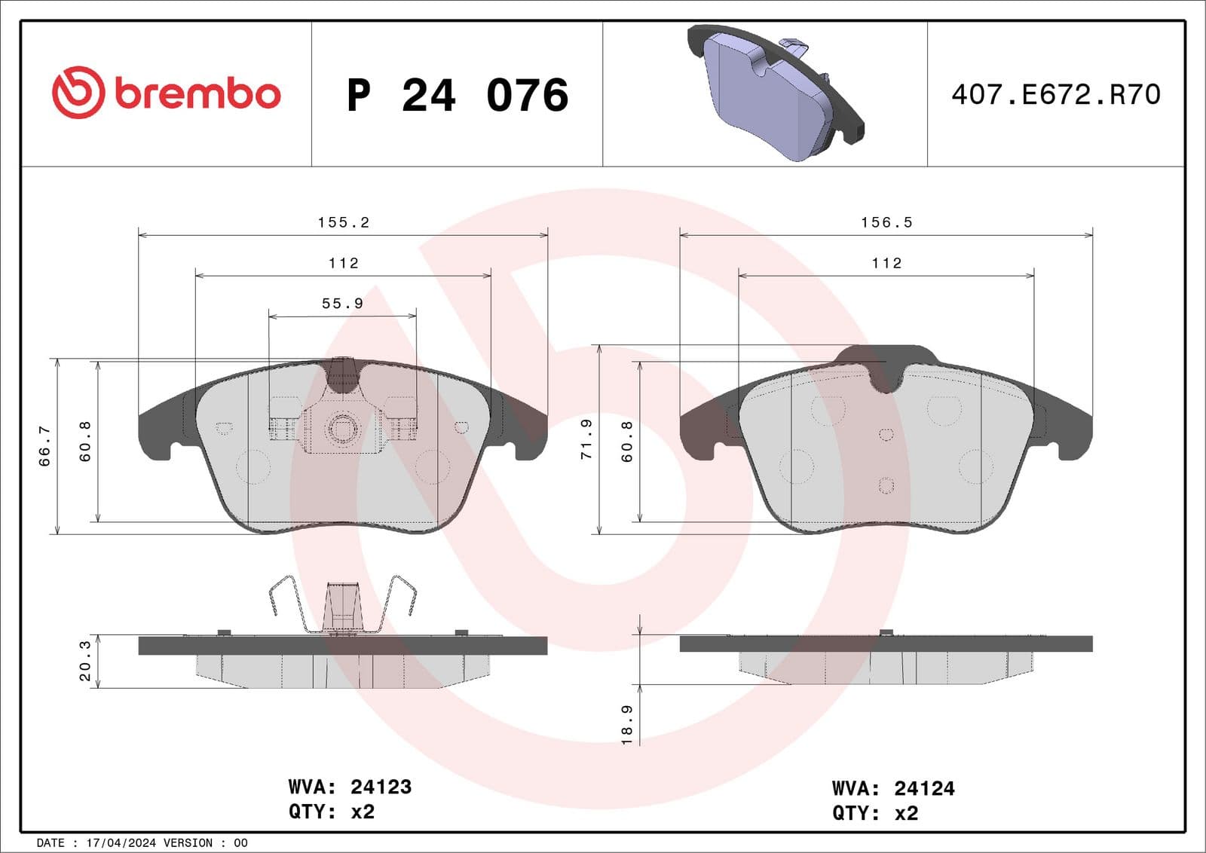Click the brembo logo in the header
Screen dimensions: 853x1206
point(167,93)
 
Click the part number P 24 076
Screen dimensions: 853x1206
point(457,95)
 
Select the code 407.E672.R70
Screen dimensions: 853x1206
point(1055,94)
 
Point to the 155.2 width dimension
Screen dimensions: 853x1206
point(343,222)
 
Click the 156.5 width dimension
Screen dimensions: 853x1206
point(886,222)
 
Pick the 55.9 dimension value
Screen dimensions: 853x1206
point(342,303)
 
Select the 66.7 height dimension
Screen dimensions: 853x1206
point(44,446)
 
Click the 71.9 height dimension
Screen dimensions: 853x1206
point(586,440)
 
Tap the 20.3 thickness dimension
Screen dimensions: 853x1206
point(84,661)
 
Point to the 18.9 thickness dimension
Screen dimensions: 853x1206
point(626,725)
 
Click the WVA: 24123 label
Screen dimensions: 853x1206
point(350,787)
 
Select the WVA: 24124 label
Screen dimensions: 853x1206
point(893,788)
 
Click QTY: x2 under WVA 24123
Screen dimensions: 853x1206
point(332,812)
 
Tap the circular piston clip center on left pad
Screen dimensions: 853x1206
point(343,430)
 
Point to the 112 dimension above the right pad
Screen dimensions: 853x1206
point(886,263)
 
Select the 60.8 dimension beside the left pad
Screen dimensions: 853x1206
point(85,441)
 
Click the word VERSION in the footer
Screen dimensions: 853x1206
point(188,842)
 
